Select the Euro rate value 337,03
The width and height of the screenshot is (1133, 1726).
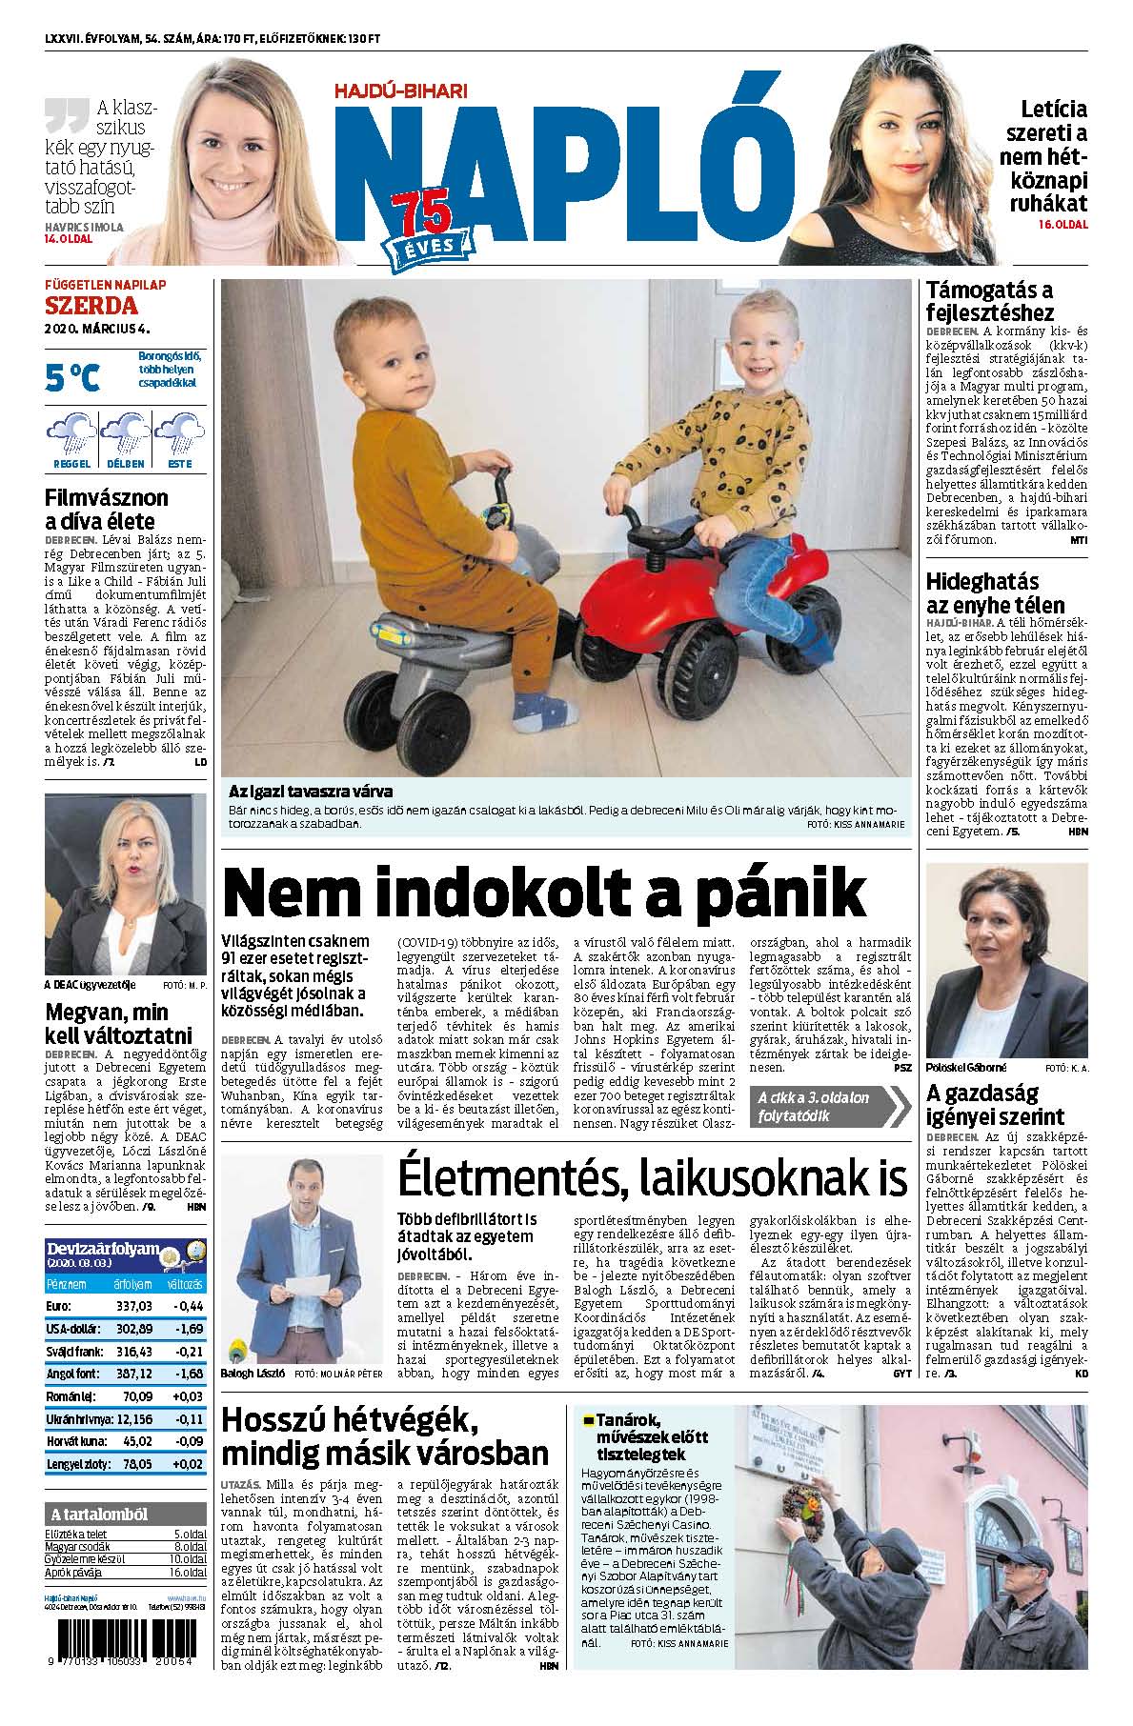click(x=132, y=1306)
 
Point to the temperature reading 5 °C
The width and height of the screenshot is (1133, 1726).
click(x=72, y=377)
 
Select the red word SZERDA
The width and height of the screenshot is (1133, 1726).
click(x=91, y=306)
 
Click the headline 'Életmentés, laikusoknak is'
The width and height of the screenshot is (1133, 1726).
click(x=652, y=1178)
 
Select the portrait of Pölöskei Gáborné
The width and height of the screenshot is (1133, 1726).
click(x=1006, y=955)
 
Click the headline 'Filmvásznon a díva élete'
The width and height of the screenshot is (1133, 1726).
click(x=107, y=509)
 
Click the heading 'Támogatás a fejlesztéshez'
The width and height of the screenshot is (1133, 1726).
click(x=990, y=301)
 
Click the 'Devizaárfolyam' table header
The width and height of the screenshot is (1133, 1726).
click(x=103, y=1248)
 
